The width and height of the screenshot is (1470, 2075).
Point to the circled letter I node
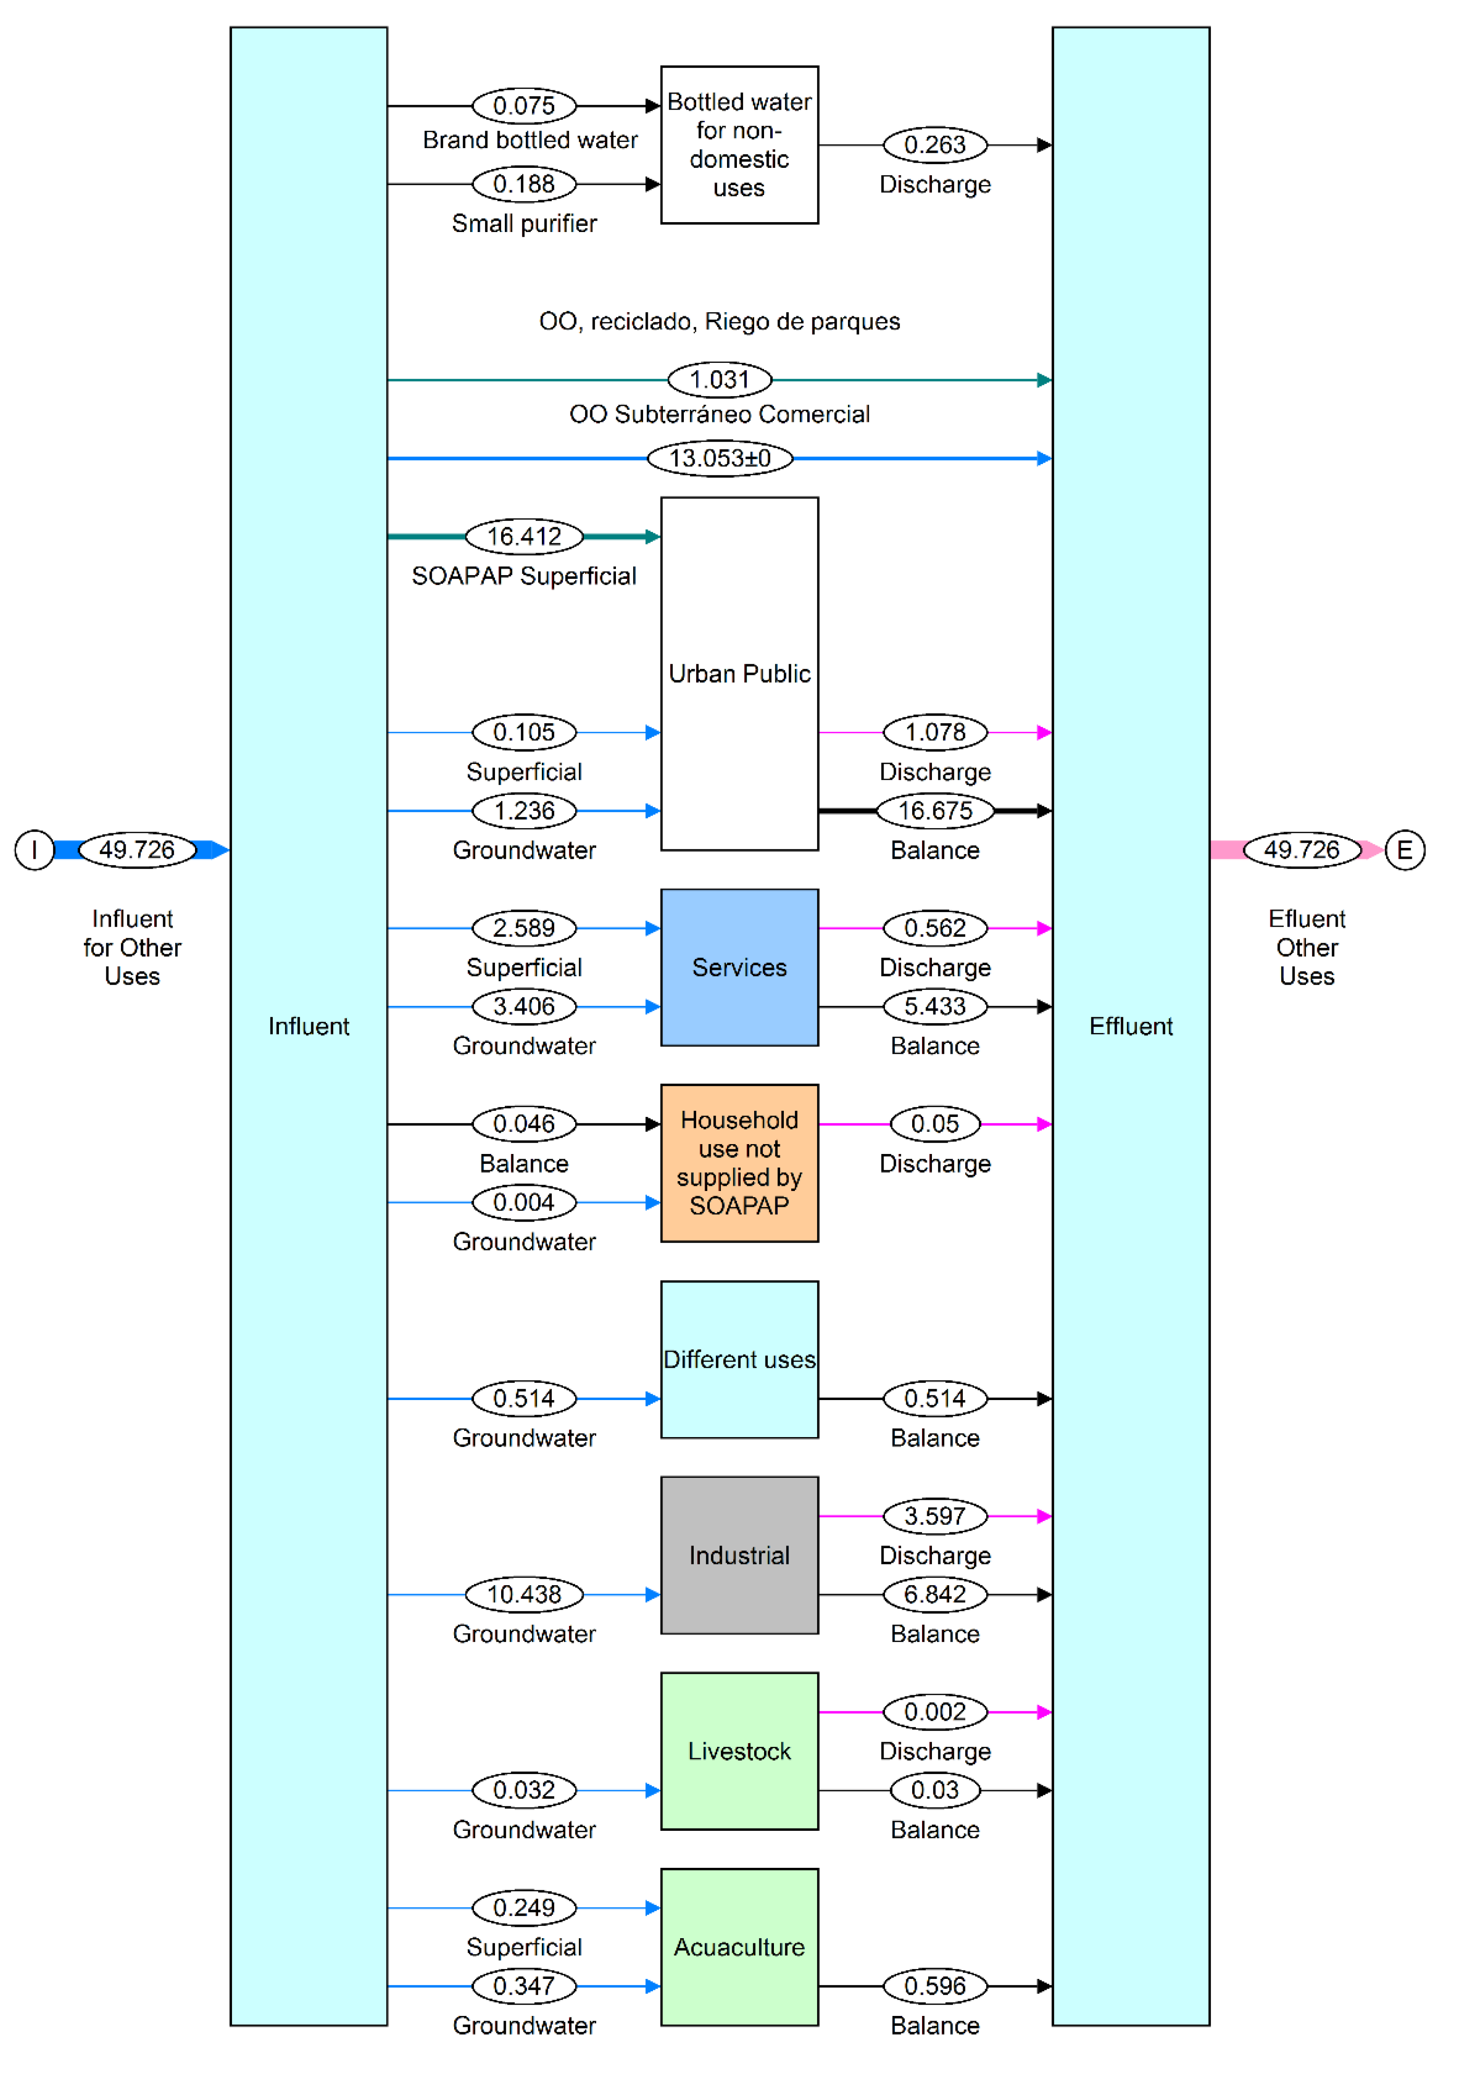pos(34,850)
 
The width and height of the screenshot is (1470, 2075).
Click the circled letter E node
pos(1404,850)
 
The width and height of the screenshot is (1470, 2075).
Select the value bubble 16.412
pos(524,537)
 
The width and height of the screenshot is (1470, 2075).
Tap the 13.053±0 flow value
pos(720,458)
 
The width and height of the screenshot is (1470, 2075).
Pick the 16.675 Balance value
pos(935,811)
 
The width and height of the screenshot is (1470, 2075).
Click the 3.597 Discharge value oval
pos(935,1516)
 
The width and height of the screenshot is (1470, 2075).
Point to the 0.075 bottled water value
pos(524,106)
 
